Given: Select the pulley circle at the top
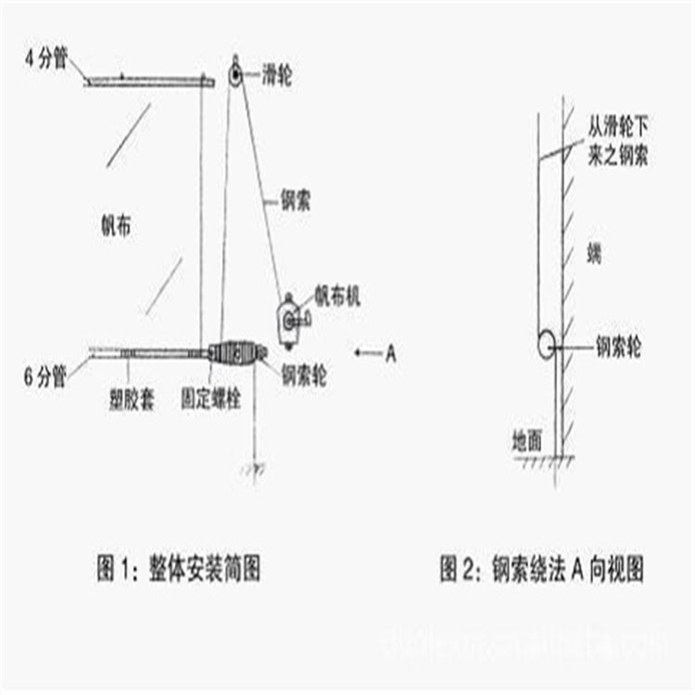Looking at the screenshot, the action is click(235, 73).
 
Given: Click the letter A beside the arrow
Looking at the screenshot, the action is click(391, 353).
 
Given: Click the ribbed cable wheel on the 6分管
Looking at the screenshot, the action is click(239, 353).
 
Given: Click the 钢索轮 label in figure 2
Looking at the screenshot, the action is click(618, 347).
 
